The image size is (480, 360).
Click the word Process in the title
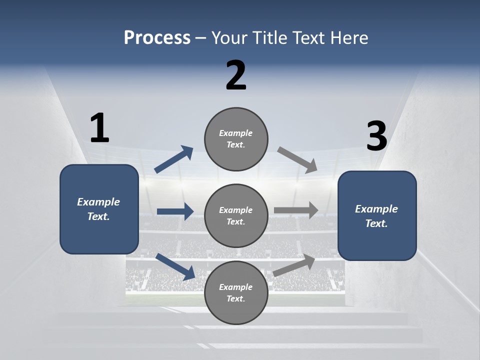click(x=157, y=37)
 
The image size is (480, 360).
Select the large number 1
click(x=99, y=128)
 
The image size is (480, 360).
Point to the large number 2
click(x=236, y=75)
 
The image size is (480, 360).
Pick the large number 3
click(x=377, y=136)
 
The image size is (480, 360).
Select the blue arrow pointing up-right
click(x=174, y=159)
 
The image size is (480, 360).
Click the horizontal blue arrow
click(x=175, y=211)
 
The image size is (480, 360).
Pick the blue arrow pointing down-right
click(x=175, y=266)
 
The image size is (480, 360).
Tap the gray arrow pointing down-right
click(x=297, y=160)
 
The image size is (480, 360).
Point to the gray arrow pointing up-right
click(x=294, y=265)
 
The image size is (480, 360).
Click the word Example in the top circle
click(x=236, y=133)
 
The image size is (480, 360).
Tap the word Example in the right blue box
click(x=376, y=209)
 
